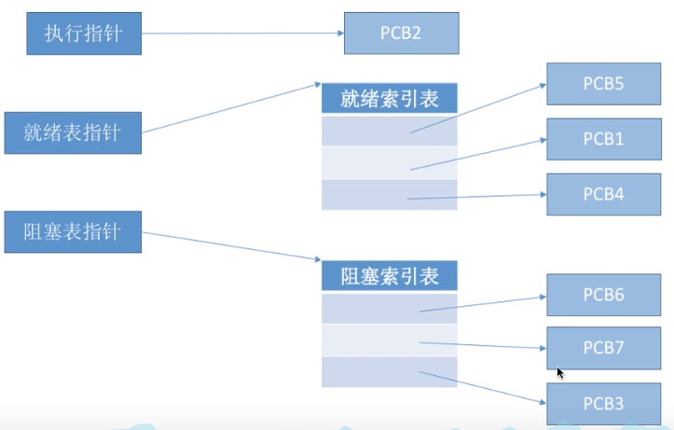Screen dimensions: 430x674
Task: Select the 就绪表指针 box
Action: (74, 133)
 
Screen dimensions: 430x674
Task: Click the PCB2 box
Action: (402, 33)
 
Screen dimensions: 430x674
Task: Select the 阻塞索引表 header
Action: (390, 276)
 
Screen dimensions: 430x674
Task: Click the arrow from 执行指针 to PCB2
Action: (242, 34)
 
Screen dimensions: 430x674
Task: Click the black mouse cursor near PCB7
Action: (560, 372)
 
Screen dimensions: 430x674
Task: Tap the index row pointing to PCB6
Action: (390, 309)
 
